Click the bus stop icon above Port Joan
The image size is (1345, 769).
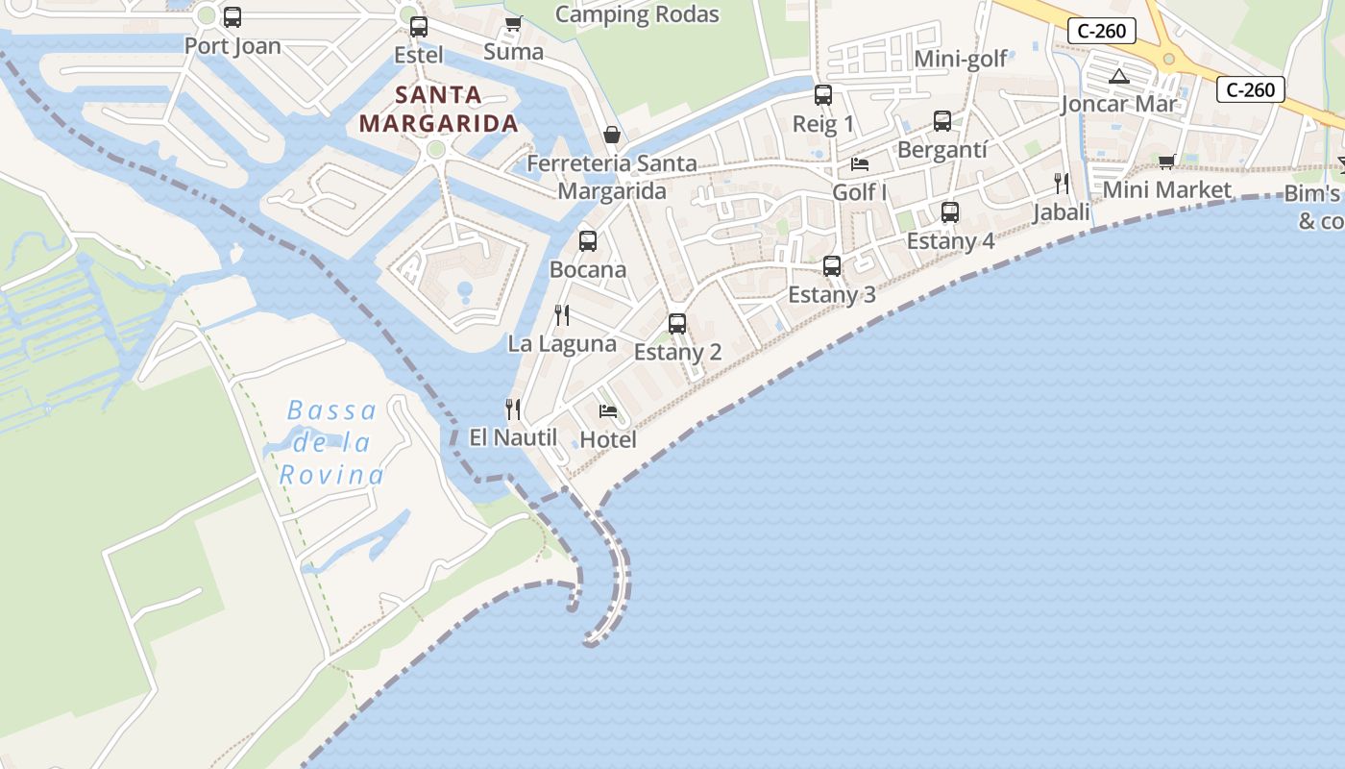(232, 17)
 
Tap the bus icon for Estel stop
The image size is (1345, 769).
(419, 27)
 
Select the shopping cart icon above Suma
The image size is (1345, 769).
(513, 24)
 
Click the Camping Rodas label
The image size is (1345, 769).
(637, 14)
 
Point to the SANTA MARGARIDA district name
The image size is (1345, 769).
(439, 109)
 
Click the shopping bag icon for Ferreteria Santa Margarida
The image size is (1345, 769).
(611, 135)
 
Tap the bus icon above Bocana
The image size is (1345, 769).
(588, 241)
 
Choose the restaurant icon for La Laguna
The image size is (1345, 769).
(562, 314)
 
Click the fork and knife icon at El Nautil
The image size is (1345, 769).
(513, 409)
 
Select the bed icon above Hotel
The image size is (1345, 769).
(608, 411)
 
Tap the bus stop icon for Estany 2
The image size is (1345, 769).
(677, 324)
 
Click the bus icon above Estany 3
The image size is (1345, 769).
(832, 266)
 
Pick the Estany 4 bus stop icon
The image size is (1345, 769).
(950, 212)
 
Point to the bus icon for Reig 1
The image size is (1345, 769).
(823, 95)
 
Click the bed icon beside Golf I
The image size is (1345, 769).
(860, 164)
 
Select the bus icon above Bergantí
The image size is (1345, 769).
(942, 121)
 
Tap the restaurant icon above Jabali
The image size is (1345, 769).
(1062, 183)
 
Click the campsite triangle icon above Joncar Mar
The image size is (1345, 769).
(1118, 76)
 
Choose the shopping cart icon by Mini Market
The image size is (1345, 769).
(1167, 161)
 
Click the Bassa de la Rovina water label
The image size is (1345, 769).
(331, 442)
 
